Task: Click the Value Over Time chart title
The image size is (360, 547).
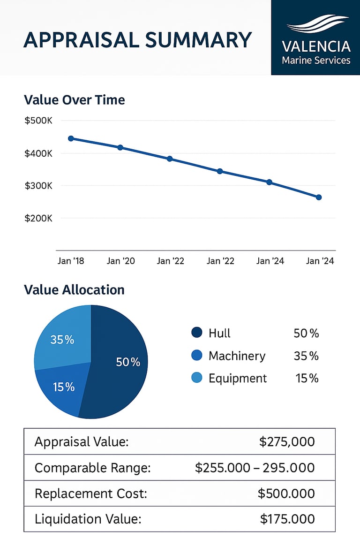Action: (74, 100)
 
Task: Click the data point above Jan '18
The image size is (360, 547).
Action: (71, 138)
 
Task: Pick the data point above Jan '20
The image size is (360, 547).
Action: (120, 147)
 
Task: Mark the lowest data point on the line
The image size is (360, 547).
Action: (319, 197)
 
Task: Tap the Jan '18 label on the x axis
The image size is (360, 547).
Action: (71, 261)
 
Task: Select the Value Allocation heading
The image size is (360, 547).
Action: (74, 290)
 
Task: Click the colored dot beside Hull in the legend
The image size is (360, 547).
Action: (197, 333)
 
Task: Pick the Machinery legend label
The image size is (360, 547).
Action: (237, 356)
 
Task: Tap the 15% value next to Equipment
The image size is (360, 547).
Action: (307, 378)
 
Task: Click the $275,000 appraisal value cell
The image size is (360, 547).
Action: (287, 442)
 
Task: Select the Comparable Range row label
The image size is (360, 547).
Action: (93, 468)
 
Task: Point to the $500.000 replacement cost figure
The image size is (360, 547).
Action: (286, 494)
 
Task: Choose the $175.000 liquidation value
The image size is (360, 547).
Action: (287, 519)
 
